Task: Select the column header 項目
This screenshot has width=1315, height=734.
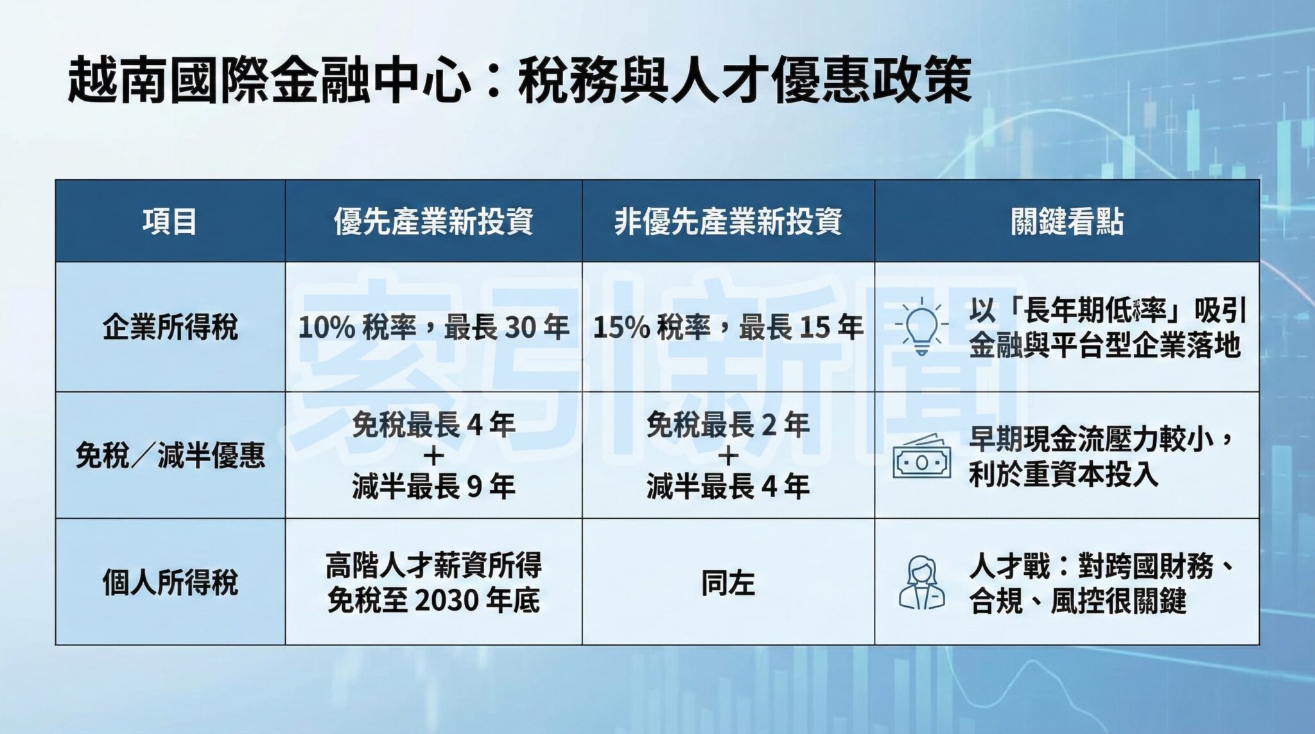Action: point(170,222)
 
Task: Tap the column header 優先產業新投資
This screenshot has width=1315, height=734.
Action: point(433,222)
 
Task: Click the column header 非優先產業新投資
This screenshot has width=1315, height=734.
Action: point(727,222)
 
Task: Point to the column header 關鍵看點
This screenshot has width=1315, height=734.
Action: point(1067,222)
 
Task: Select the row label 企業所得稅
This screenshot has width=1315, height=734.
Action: point(170,327)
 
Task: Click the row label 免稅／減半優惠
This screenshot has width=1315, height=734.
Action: point(170,455)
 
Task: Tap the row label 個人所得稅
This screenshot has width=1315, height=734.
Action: point(170,582)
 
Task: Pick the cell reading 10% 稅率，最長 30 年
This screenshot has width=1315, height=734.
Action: point(433,328)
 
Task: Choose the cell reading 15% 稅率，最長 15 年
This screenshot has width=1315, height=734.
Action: point(727,328)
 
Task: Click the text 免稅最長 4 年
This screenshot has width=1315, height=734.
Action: point(433,424)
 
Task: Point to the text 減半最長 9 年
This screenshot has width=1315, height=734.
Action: point(433,486)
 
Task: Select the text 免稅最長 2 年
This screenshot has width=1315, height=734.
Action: point(727,424)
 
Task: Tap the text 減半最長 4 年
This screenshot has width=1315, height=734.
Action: point(727,486)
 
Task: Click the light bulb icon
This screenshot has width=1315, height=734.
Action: point(921,326)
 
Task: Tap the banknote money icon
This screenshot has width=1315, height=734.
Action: point(921,457)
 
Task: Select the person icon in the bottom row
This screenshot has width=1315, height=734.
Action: point(921,582)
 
